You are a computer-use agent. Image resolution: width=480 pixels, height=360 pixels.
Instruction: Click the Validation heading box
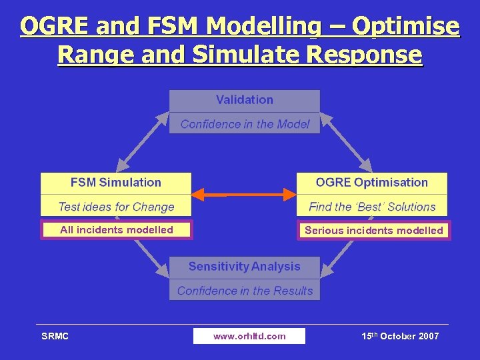[244, 100]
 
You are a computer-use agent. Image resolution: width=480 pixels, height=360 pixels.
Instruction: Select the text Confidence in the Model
[245, 124]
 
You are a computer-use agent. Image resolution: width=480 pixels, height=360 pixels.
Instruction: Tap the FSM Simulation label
[116, 183]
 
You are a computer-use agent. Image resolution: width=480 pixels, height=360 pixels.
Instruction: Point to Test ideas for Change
[116, 207]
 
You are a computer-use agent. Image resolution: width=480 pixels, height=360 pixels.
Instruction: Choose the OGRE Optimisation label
[371, 183]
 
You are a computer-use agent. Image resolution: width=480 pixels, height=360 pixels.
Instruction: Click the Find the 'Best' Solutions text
[371, 207]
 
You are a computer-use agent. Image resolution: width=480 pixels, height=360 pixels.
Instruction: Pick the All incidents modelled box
[116, 230]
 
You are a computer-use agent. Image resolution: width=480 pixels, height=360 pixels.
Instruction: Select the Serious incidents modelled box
[373, 231]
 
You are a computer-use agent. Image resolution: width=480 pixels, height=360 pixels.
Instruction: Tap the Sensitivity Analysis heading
[244, 267]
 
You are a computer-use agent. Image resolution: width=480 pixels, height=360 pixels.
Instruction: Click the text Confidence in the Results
[245, 291]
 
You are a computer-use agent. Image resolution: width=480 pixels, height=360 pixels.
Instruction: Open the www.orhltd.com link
[249, 336]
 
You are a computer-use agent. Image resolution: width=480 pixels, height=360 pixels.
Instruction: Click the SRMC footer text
[55, 336]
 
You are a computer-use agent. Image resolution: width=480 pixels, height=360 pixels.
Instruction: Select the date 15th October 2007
[400, 336]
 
